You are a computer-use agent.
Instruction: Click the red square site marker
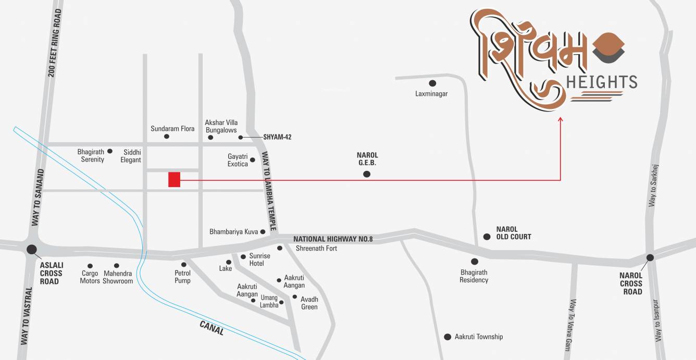[x=174, y=179]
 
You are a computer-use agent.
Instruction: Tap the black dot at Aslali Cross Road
[x=32, y=250]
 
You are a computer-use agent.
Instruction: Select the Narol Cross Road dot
[x=650, y=257]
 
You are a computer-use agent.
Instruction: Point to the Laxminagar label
[x=431, y=94]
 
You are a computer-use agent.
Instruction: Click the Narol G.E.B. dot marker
[x=367, y=174]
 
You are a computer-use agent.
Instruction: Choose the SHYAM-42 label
[x=277, y=138]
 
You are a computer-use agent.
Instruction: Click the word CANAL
[x=212, y=328]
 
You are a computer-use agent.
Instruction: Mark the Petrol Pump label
[x=182, y=277]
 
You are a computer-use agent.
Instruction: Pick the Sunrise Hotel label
[x=260, y=259]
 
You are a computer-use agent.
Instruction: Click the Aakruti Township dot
[x=447, y=337]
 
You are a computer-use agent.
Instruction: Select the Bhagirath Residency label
[x=474, y=276]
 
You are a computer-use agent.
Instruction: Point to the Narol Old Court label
[x=514, y=233]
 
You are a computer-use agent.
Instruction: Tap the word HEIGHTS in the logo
[x=601, y=82]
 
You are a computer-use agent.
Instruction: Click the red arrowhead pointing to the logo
[x=561, y=120]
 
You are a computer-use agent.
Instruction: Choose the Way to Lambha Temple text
[x=269, y=195]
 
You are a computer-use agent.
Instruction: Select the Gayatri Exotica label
[x=238, y=160]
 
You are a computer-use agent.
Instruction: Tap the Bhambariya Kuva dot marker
[x=263, y=232]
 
